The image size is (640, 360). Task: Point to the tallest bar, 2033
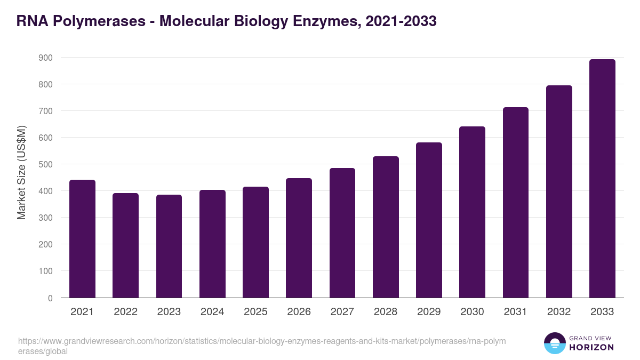coord(602,179)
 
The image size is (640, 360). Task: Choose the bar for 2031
coord(515,203)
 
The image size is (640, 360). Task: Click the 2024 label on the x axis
coord(212,312)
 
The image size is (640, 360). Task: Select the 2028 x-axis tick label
coord(386,312)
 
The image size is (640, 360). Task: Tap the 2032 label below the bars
coord(559,312)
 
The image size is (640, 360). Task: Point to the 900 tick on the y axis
coord(45,58)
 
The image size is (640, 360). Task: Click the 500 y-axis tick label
coord(45,164)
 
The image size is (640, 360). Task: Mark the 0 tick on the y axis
coord(50,298)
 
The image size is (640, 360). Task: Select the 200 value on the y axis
coord(45,244)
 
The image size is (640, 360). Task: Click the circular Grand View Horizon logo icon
coord(554,343)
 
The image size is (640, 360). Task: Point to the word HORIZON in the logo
coord(591,347)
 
